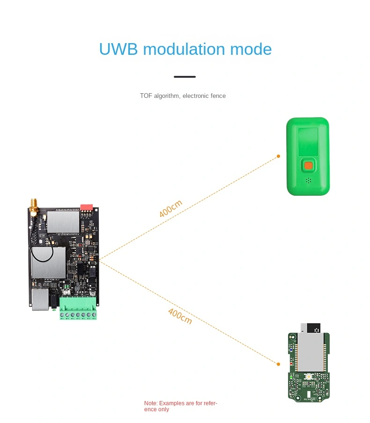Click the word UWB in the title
[118, 49]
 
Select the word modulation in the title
[184, 49]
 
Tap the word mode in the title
[251, 49]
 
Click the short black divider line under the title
[185, 77]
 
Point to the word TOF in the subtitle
[146, 96]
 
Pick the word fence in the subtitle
[218, 96]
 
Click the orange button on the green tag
[308, 166]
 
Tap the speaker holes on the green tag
[309, 180]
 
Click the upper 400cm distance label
[170, 208]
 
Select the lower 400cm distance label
[180, 316]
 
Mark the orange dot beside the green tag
[278, 156]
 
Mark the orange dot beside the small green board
[278, 364]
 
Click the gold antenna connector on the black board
[34, 208]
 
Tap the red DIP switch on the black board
[87, 208]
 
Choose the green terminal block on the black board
[78, 308]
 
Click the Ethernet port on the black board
[40, 299]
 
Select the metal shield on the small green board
[310, 352]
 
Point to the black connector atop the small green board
[314, 328]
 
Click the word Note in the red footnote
[150, 403]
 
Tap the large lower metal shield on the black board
[49, 263]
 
